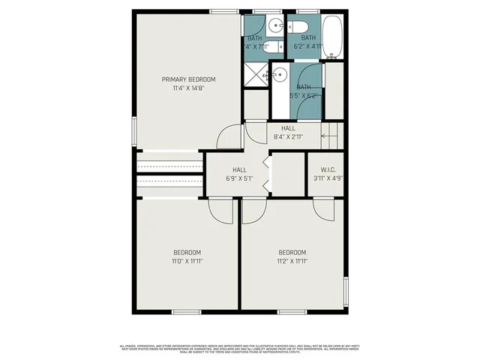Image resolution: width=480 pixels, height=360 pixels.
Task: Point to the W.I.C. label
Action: click(326, 169)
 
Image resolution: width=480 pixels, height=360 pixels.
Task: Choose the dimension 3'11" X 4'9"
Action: click(326, 178)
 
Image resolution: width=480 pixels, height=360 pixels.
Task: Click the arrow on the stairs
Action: click(328, 136)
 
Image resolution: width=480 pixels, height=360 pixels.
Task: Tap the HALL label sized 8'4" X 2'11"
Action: click(289, 128)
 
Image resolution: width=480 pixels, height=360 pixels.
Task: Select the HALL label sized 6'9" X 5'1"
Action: click(239, 169)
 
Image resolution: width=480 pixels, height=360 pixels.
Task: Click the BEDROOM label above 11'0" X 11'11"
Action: click(187, 252)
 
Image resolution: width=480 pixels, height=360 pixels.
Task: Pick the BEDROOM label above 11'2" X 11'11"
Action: click(292, 252)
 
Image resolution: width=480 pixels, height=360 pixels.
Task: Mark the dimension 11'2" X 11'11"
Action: click(292, 261)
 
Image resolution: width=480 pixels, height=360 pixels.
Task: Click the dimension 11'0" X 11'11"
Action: click(187, 261)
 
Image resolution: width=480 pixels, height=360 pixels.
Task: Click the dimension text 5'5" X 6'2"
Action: click(307, 96)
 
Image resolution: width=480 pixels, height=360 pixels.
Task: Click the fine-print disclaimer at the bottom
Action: click(240, 348)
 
